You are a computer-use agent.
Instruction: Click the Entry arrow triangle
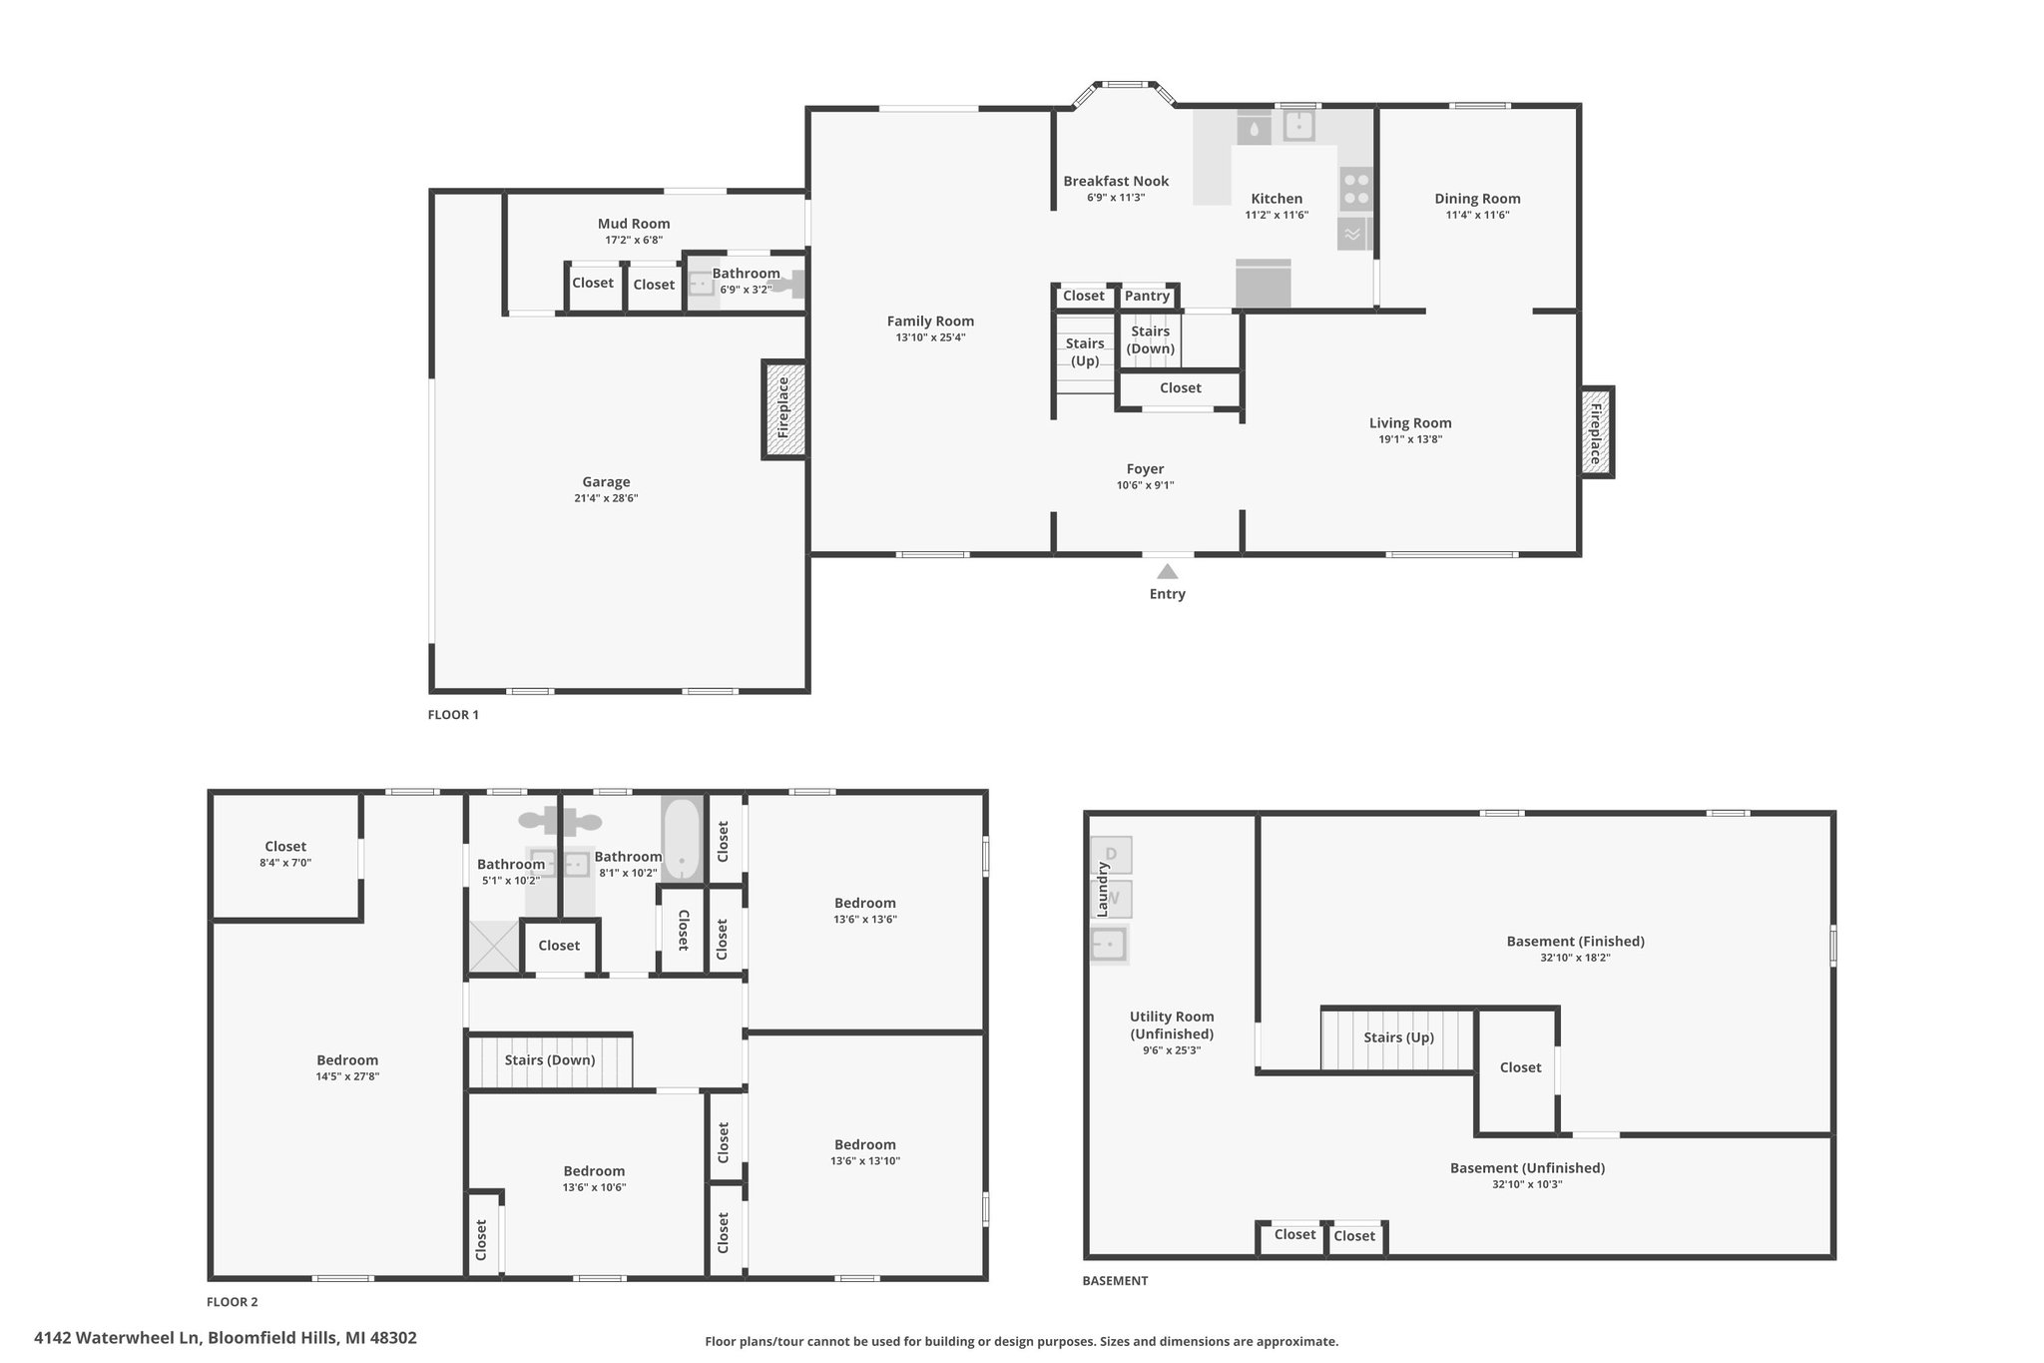point(1167,571)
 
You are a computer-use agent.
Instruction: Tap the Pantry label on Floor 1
point(1147,296)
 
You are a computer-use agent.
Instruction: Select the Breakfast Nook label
point(1116,181)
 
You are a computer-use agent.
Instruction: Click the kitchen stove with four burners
point(1355,189)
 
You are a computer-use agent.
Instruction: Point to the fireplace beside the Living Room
point(1596,431)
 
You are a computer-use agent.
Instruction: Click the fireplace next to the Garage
point(784,409)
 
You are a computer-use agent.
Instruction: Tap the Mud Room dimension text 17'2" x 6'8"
point(634,240)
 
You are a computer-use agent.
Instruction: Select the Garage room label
point(606,481)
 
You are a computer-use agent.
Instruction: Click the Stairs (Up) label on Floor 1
point(1085,351)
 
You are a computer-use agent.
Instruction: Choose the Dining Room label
point(1477,198)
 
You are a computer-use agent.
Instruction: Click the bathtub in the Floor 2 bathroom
point(682,839)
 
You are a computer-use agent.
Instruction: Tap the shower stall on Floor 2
point(493,947)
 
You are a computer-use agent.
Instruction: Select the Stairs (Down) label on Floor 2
point(550,1059)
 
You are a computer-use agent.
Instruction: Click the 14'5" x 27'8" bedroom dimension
point(347,1076)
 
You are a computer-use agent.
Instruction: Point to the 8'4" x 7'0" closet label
point(285,863)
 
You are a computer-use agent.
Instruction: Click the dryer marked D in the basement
point(1112,855)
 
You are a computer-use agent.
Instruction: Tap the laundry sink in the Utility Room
point(1110,944)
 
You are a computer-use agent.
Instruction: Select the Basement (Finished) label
point(1575,941)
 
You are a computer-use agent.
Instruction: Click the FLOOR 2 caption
point(233,1302)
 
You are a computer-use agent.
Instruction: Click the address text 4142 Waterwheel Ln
point(118,1338)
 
